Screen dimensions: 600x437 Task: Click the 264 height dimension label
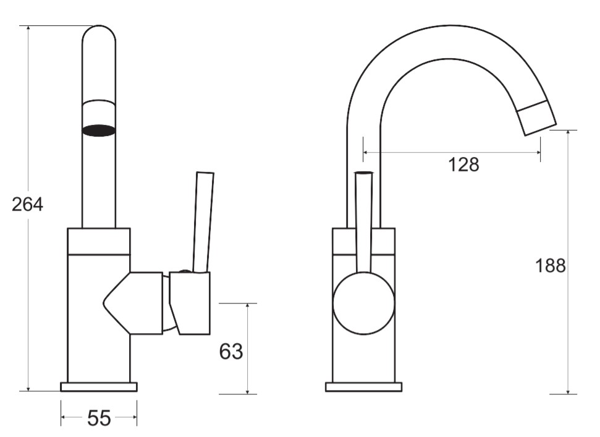pos(28,205)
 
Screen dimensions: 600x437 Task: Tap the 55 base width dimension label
pos(99,418)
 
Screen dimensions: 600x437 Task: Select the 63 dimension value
pos(231,351)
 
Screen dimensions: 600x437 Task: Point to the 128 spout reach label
pos(463,164)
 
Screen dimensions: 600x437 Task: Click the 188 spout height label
pos(550,265)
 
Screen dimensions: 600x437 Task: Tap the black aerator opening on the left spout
pos(99,130)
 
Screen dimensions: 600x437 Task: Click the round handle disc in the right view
pos(363,303)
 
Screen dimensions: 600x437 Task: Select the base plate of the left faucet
pos(99,387)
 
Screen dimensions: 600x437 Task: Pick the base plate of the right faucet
pos(363,387)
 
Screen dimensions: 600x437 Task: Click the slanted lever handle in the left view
pos(203,223)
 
